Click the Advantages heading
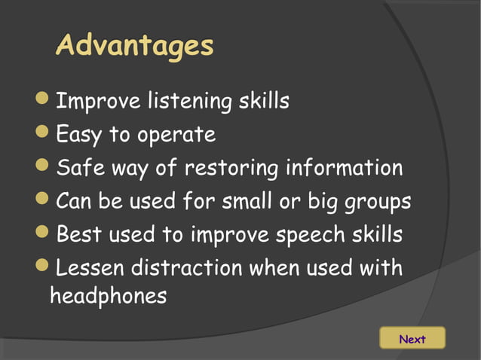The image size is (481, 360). (135, 45)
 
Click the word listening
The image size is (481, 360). (189, 101)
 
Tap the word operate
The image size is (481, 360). (176, 136)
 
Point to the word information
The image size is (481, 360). (344, 168)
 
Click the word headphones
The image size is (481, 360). (108, 295)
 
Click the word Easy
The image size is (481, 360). (78, 136)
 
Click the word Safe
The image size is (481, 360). (78, 168)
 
